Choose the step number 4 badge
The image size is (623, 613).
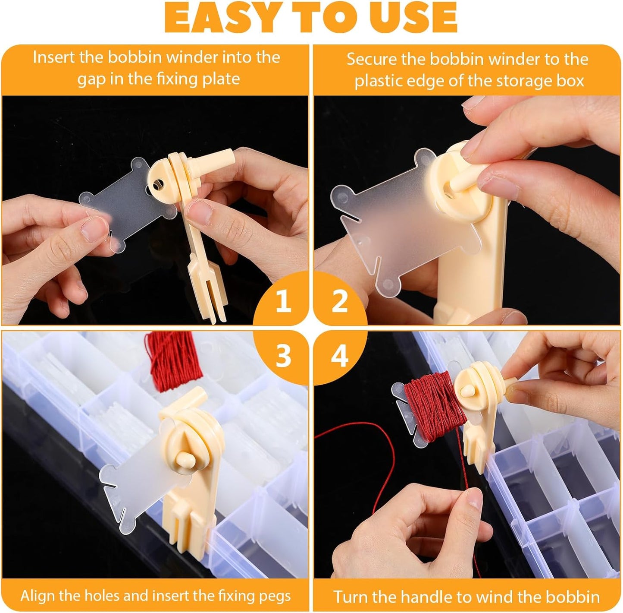coord(340,356)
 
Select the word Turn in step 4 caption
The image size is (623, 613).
coord(350,597)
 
